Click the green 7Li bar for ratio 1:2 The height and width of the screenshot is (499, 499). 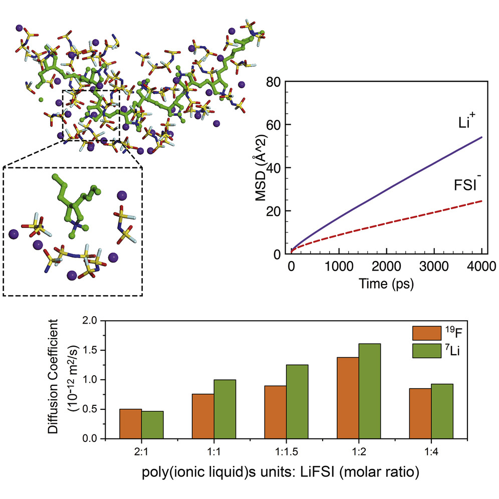(370, 391)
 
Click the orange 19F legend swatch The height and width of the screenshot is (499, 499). (424, 333)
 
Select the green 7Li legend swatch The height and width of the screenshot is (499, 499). (424, 350)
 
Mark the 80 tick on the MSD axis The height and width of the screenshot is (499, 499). (274, 82)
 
